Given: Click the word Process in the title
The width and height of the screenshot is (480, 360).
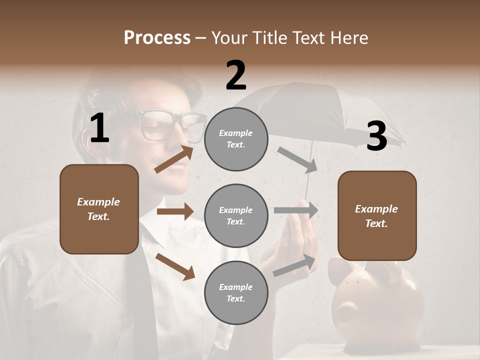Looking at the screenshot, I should click(x=157, y=37).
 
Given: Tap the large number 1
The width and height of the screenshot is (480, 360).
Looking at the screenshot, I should click(x=99, y=128).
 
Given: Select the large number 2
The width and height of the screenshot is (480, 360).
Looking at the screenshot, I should click(x=236, y=75).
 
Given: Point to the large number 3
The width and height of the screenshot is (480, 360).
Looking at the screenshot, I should click(x=376, y=136).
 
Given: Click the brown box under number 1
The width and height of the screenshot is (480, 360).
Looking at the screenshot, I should click(x=99, y=209).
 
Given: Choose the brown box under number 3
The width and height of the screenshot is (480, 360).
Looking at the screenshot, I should click(x=377, y=215).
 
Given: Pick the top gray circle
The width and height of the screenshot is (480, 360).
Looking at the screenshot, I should click(x=236, y=139).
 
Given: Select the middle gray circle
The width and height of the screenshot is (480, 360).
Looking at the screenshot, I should click(x=236, y=215).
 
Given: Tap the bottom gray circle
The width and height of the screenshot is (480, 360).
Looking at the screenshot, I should click(x=236, y=292).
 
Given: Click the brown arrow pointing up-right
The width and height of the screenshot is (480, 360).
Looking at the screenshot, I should click(x=174, y=159).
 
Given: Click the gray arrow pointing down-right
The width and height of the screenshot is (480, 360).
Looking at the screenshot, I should click(x=297, y=160).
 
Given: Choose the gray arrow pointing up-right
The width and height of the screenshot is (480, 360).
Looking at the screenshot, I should click(x=294, y=265).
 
